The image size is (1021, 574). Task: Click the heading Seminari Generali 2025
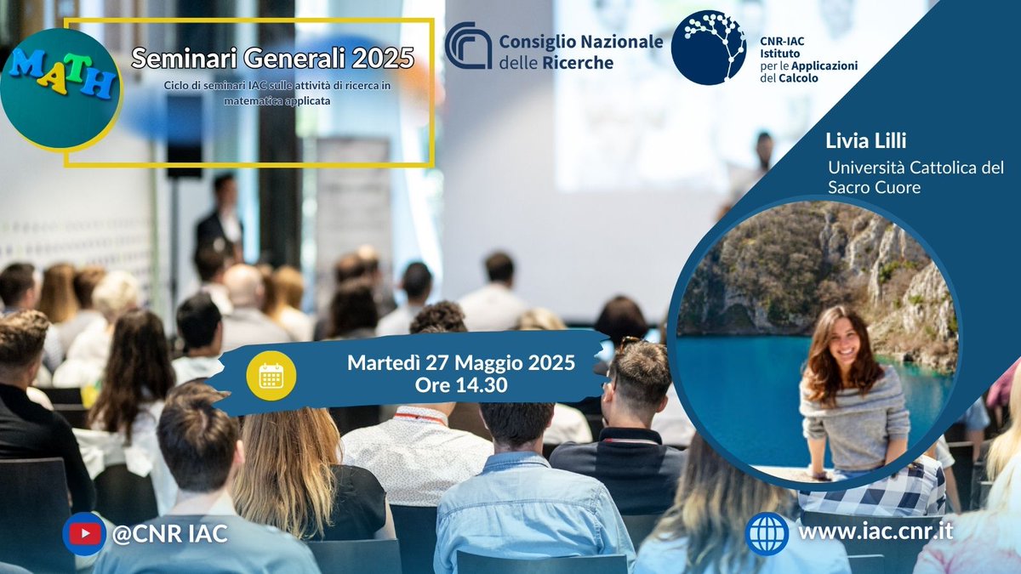272,59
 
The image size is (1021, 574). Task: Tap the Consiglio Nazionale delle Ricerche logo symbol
468,46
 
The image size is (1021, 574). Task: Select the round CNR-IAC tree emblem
708,48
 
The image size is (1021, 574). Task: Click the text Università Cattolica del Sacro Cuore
915,177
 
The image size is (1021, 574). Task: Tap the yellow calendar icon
271,375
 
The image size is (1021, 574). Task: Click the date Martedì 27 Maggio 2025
460,363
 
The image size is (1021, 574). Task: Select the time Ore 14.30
460,385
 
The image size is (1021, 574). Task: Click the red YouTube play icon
84,534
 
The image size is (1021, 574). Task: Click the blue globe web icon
766,533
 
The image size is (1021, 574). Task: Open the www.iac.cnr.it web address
876,531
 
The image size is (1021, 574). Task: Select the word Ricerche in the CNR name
579,62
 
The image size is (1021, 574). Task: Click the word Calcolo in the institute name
801,78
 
